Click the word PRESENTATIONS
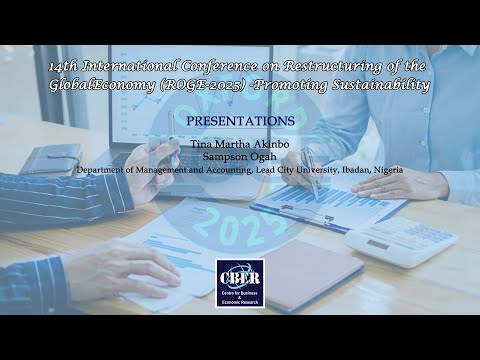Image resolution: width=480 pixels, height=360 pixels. tap(240, 121)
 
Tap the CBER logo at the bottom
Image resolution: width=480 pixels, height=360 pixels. tap(240, 283)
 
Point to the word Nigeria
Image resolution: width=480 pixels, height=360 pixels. tap(386, 170)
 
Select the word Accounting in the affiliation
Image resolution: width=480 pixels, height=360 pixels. tap(216, 170)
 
